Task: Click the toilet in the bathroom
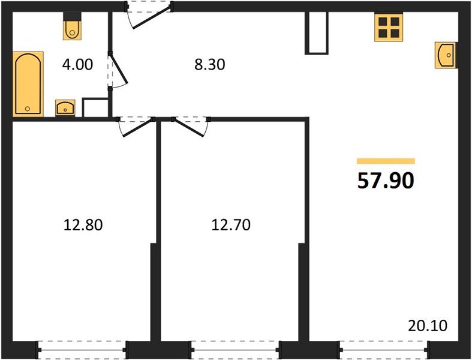click(x=72, y=26)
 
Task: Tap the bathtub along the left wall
click(x=28, y=84)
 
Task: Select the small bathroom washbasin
click(x=65, y=107)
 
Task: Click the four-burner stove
click(x=389, y=27)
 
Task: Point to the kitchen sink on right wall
click(x=446, y=55)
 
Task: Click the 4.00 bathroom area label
click(x=77, y=65)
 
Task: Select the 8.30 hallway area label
click(x=210, y=65)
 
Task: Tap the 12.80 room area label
click(x=83, y=225)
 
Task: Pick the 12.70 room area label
click(x=231, y=225)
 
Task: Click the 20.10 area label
click(x=428, y=326)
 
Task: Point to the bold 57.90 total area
click(x=386, y=181)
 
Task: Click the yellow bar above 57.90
click(x=386, y=161)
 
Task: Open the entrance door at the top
click(x=149, y=15)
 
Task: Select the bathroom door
click(x=118, y=70)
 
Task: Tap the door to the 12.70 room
click(x=191, y=127)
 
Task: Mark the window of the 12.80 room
click(x=82, y=350)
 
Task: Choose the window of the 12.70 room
click(x=235, y=350)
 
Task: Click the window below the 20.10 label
click(x=384, y=350)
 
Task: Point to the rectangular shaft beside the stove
click(x=316, y=33)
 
